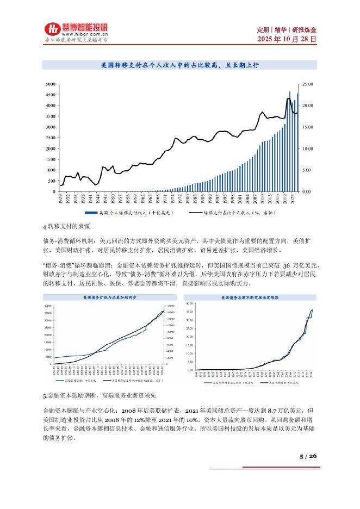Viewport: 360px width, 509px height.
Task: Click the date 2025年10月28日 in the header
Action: pyautogui.click(x=286, y=40)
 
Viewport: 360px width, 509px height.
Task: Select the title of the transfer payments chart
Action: pyautogui.click(x=179, y=65)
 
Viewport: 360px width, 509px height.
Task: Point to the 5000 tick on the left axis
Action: pyautogui.click(x=50, y=84)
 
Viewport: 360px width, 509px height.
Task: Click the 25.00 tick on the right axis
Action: pyautogui.click(x=308, y=84)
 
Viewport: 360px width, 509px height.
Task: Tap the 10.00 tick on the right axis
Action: pyautogui.click(x=308, y=148)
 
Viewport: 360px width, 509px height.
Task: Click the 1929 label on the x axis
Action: pyautogui.click(x=60, y=198)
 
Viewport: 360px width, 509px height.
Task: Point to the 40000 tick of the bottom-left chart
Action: pyautogui.click(x=48, y=306)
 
